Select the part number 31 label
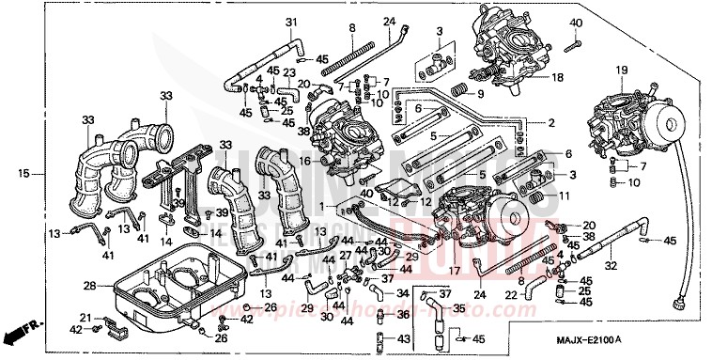290,23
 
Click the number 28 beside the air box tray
89,285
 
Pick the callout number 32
610,267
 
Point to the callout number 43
404,338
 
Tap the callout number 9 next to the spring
480,95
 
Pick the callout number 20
589,226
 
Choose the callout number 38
589,238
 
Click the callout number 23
289,72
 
